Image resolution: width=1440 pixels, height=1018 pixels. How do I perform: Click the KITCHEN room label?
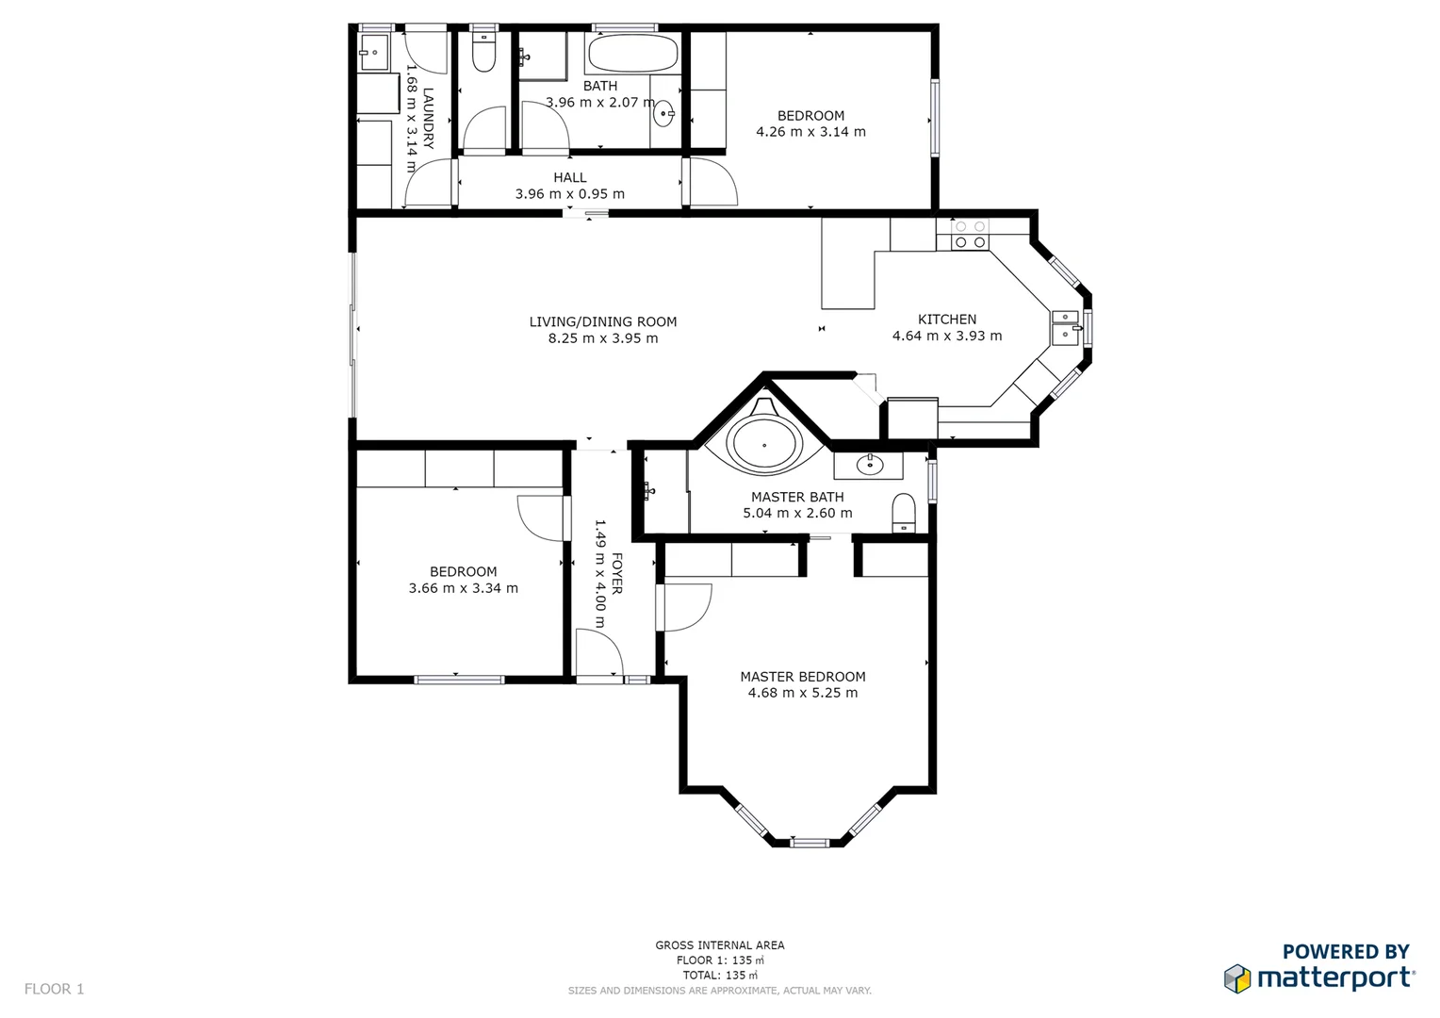click(x=946, y=320)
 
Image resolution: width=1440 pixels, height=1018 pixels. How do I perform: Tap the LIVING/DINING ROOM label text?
click(x=602, y=322)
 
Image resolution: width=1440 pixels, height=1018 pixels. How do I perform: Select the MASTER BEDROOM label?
click(x=802, y=677)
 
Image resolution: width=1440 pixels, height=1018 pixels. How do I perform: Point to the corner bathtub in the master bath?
click(x=764, y=444)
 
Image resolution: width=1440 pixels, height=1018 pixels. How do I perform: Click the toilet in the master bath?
click(x=903, y=513)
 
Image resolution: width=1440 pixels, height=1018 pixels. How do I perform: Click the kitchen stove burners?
click(x=970, y=235)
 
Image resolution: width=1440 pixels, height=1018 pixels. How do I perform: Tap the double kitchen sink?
click(x=1065, y=327)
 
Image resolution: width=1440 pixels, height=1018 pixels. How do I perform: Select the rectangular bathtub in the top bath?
click(x=632, y=54)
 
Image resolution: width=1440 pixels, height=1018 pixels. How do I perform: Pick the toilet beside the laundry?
click(x=483, y=54)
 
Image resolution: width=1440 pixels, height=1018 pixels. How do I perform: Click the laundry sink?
click(x=373, y=53)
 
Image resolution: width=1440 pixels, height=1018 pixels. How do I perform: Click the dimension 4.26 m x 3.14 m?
click(x=810, y=132)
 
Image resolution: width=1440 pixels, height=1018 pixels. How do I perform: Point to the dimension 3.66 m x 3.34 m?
click(x=463, y=588)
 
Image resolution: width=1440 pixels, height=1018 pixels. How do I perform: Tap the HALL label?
click(x=569, y=177)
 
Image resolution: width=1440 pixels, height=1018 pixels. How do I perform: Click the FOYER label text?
click(x=616, y=573)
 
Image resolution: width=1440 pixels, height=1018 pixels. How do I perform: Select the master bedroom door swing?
click(x=686, y=608)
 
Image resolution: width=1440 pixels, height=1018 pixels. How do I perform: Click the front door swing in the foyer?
click(x=599, y=653)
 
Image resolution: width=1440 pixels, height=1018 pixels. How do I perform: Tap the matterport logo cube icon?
click(x=1236, y=978)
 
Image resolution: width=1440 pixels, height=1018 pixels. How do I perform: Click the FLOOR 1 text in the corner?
click(x=54, y=989)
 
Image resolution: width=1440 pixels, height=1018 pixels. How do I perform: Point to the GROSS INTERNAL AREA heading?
click(x=719, y=944)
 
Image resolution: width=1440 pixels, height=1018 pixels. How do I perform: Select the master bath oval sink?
click(x=869, y=465)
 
